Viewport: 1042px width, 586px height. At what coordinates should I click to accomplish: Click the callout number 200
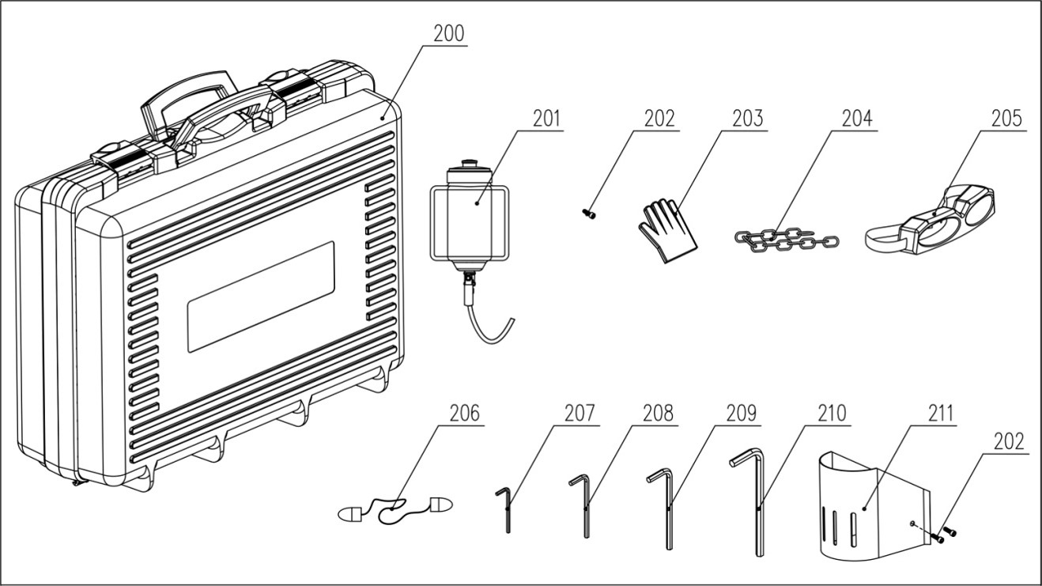449,33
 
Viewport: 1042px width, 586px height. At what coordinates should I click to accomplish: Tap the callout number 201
547,119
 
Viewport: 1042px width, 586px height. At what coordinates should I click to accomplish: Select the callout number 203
748,119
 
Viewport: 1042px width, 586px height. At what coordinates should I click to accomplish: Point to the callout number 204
857,119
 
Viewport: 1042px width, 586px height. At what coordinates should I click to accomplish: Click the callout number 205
1006,119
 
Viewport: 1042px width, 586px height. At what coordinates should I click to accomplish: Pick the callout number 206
464,413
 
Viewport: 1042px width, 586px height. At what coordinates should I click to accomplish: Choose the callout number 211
941,413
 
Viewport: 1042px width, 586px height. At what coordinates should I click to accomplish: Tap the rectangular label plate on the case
261,297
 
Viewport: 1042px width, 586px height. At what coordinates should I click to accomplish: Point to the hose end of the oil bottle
512,321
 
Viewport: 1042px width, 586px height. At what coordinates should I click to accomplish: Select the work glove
667,230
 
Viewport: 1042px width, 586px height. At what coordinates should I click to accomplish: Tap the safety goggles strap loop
884,238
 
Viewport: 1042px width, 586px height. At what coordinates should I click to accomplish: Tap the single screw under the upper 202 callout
589,214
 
